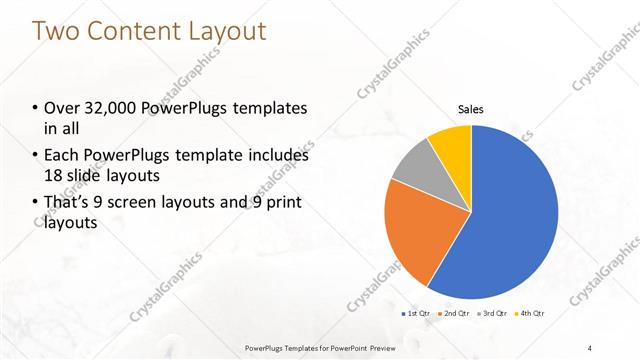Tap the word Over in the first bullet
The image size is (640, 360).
coord(64,108)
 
